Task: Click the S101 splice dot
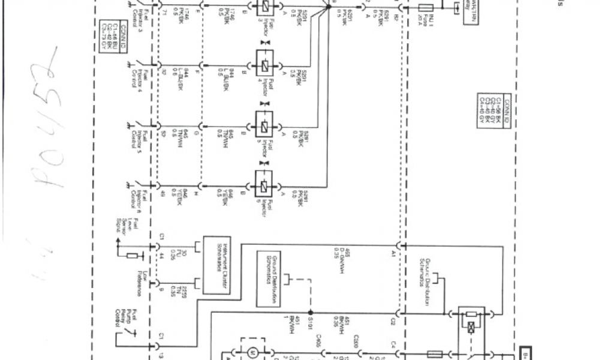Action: coord(310,313)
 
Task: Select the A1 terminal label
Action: coord(393,254)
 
